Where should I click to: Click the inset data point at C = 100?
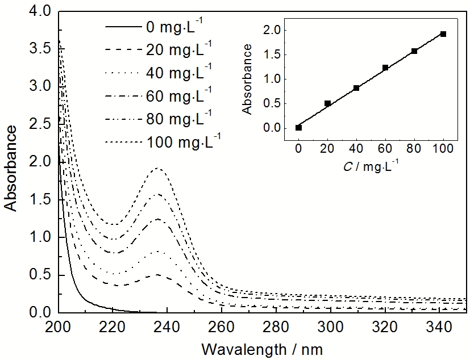(x=443, y=34)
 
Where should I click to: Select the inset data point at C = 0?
(x=299, y=128)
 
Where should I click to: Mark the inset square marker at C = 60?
(x=385, y=68)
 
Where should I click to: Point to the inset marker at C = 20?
(x=327, y=103)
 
